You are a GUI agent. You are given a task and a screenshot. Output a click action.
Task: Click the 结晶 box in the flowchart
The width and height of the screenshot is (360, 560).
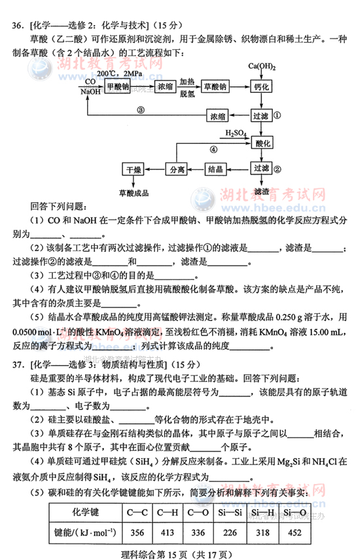point(217,169)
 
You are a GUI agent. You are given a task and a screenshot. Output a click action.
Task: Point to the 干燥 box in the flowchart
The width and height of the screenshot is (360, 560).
point(134,169)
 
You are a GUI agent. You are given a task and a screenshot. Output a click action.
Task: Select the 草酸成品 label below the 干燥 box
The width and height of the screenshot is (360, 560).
point(134,192)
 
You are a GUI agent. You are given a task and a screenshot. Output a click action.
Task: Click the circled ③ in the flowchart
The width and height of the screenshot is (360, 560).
point(140,110)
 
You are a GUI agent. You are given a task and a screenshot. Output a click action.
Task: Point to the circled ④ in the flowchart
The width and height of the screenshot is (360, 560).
point(213,149)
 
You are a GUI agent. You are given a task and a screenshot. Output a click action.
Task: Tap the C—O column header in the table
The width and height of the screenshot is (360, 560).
point(198,513)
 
